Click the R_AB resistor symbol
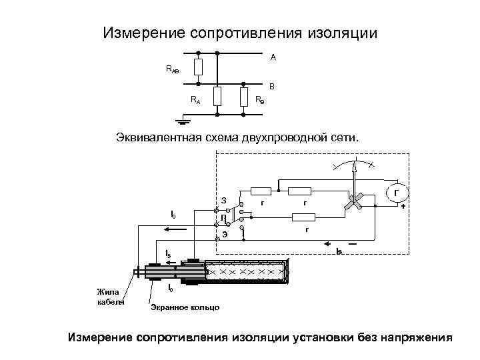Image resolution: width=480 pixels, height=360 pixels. point(198,67)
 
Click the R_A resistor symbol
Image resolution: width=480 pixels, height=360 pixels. point(217,96)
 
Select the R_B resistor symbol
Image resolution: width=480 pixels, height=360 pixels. point(245,96)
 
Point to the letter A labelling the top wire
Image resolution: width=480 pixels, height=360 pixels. point(273,58)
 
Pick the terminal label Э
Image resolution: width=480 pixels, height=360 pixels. point(225,233)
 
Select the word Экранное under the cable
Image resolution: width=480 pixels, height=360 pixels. point(167,307)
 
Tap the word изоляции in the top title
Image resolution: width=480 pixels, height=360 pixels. point(341,33)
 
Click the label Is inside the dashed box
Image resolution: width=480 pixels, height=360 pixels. point(339,250)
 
